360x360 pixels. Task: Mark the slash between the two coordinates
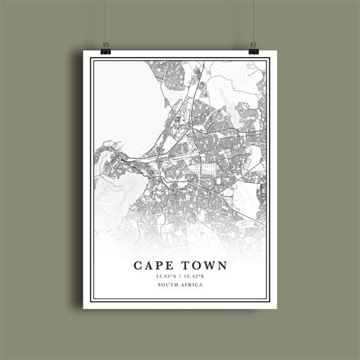click(x=180, y=276)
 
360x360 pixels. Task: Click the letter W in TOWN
click(x=209, y=265)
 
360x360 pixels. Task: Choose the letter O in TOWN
click(x=195, y=265)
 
